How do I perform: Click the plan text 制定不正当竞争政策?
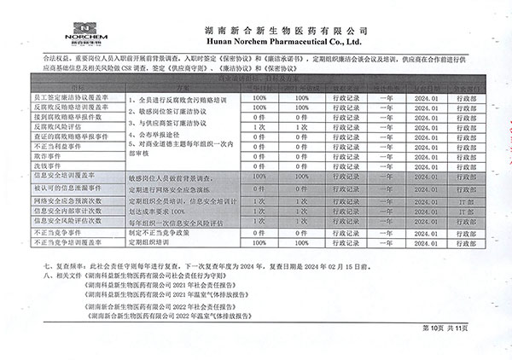(163, 231)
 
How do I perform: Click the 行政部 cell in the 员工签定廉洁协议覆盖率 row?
(468, 99)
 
